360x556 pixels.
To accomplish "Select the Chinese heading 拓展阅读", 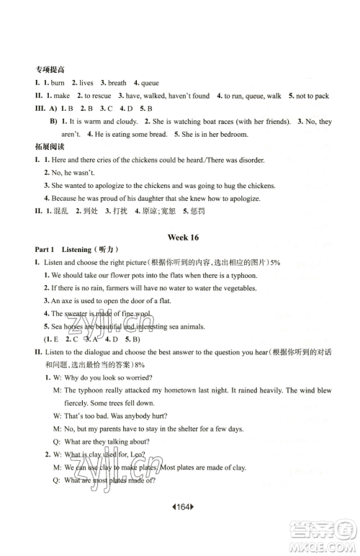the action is (48, 147).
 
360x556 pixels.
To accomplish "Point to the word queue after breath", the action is (150, 83).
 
